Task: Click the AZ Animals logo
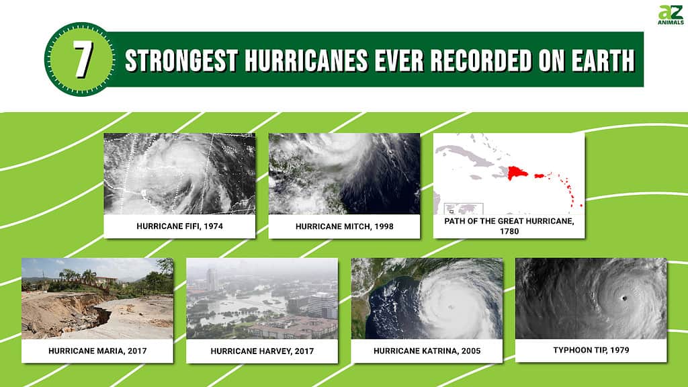point(671,15)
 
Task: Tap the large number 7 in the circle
point(83,59)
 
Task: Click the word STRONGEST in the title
point(181,60)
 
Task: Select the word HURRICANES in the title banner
point(306,60)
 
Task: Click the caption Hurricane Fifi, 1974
point(179,226)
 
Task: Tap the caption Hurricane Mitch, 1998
point(345,226)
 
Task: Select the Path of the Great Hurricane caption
point(509,226)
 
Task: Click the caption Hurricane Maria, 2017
point(97,351)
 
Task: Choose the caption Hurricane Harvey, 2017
point(262,351)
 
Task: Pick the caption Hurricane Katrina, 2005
point(427,351)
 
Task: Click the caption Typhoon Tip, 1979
point(591,350)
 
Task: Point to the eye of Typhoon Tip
point(624,298)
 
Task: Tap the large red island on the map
point(517,173)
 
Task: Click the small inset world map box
point(464,209)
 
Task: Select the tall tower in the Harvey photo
point(212,279)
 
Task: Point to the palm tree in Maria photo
point(89,276)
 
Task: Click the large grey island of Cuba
point(466,155)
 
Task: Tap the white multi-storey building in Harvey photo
point(322,305)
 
